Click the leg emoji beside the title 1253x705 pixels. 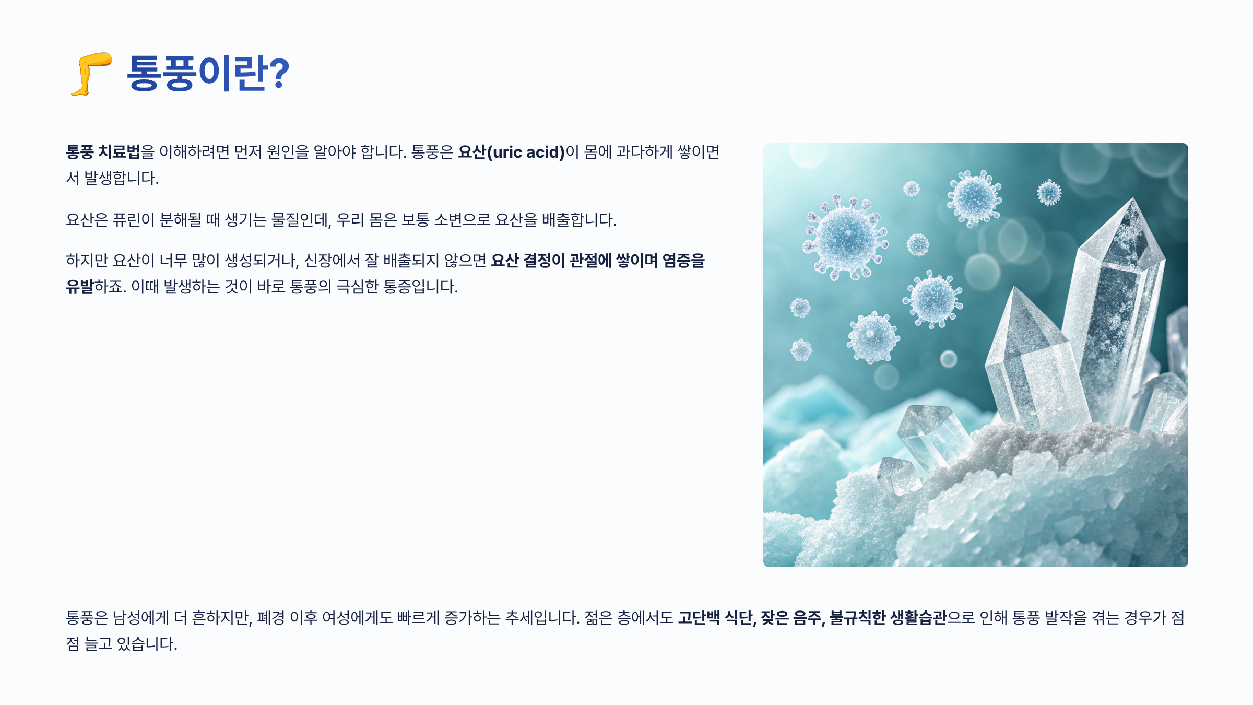pos(91,74)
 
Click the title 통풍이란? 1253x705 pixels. pos(207,73)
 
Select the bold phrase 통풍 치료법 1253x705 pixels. pos(103,152)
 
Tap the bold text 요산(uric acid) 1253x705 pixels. pos(511,152)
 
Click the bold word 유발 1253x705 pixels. pos(79,287)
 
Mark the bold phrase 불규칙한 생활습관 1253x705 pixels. pos(888,618)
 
